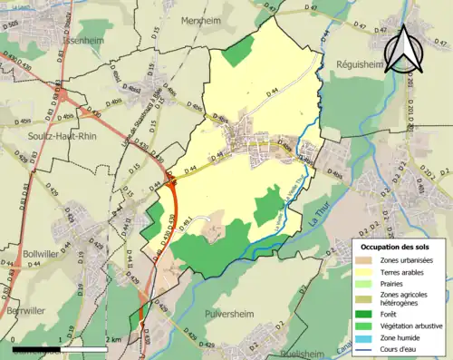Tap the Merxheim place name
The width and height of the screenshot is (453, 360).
201,20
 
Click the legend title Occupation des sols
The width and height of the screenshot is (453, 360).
396,247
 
